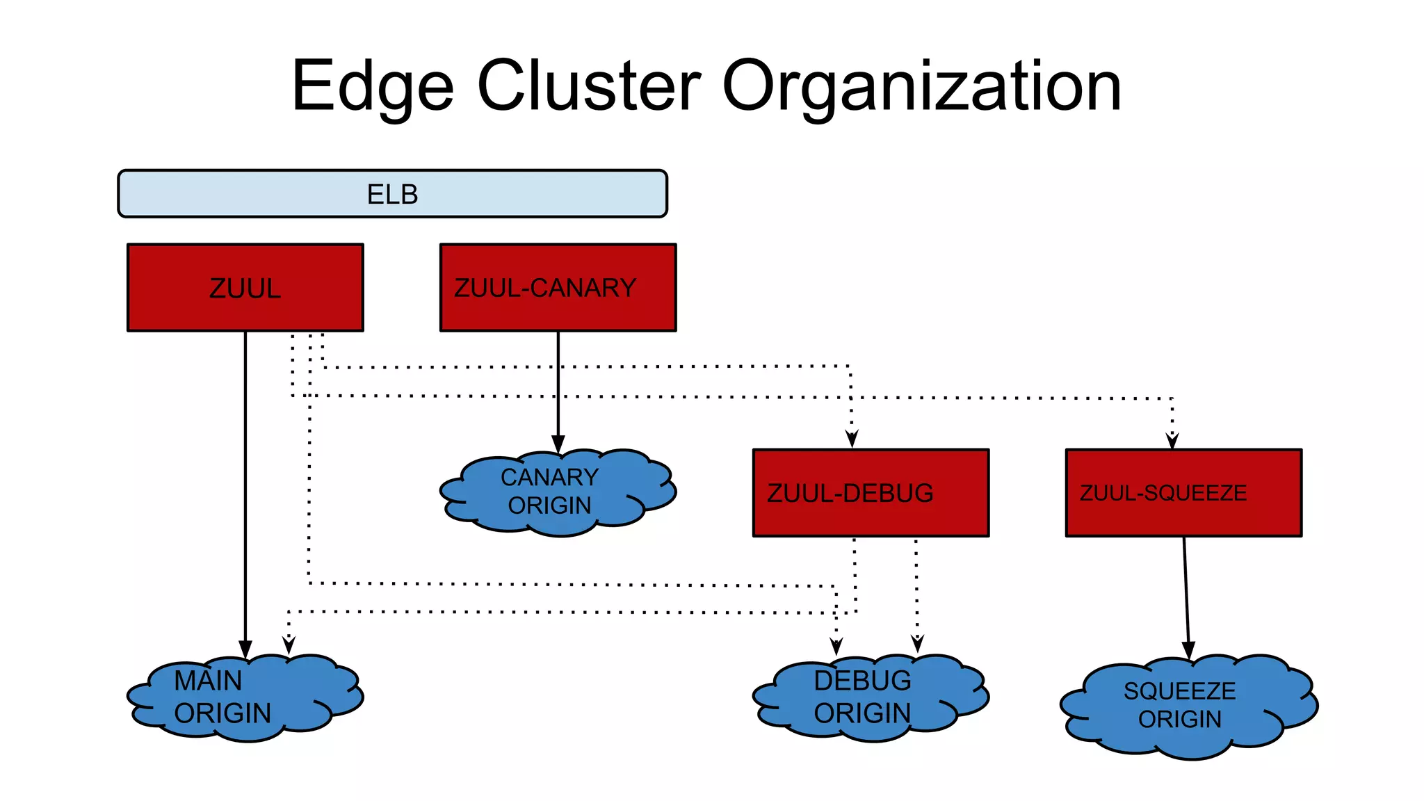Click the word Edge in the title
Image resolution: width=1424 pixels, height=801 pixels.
point(372,87)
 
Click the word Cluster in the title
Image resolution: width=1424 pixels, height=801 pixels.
point(589,86)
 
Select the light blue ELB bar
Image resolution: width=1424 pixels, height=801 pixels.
point(392,194)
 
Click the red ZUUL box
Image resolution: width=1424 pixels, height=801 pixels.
point(245,287)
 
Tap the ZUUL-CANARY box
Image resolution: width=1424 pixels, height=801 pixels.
point(558,287)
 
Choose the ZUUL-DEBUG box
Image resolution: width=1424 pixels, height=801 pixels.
point(871,492)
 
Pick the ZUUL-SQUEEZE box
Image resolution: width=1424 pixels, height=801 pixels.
point(1183,492)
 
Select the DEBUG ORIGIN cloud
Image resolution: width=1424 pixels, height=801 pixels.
point(869,697)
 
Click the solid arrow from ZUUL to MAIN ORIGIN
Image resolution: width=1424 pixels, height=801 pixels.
point(245,487)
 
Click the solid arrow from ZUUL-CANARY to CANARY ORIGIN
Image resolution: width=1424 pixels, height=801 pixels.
point(558,389)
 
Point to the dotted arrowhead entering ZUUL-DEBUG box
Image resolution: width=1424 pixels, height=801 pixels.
point(852,439)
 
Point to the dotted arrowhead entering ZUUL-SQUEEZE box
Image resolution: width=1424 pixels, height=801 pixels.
point(1172,439)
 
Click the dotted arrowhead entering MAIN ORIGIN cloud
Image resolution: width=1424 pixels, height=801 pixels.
point(289,645)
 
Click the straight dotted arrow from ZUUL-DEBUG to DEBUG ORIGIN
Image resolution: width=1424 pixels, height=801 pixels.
point(916,591)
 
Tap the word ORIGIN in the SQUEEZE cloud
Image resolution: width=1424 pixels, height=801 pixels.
point(1179,719)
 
